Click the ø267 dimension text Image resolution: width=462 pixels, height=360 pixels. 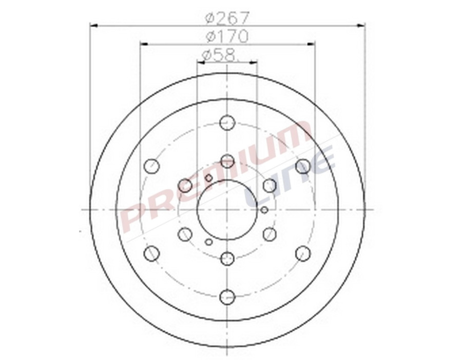[227, 18]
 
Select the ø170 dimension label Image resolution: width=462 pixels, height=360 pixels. [227, 36]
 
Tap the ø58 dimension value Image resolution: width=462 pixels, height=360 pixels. [221, 54]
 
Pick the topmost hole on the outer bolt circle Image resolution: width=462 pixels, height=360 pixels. [227, 123]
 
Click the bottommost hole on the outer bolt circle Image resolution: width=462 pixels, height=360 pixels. [227, 296]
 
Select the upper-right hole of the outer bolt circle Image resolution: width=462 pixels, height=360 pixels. [303, 166]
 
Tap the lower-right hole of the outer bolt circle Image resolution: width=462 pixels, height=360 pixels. [303, 253]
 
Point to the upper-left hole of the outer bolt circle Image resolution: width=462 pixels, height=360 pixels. [151, 166]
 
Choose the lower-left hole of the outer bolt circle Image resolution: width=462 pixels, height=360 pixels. [151, 253]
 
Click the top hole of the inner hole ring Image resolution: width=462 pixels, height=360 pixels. [227, 161]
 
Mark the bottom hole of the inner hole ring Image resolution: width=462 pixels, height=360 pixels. [227, 258]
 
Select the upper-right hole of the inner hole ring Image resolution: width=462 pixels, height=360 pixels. [269, 185]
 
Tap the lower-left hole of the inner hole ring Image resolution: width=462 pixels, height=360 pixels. [185, 234]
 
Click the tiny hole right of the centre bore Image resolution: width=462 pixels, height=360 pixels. [264, 210]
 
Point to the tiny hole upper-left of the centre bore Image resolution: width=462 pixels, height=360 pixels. [208, 178]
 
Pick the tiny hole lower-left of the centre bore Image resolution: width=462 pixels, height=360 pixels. [208, 241]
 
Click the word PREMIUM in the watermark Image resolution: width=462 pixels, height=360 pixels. [216, 177]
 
